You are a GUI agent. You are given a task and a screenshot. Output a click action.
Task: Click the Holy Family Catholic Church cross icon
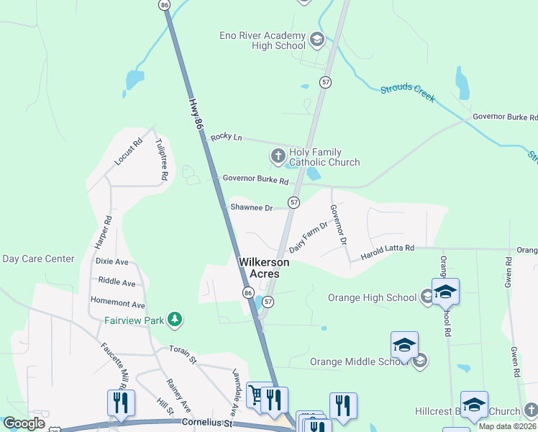tap(278, 156)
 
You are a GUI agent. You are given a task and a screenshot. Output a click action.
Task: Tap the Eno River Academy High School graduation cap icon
tap(316, 38)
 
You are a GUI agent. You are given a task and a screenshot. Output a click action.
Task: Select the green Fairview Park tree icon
tap(173, 318)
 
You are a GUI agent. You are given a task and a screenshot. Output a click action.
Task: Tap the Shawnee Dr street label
tap(251, 207)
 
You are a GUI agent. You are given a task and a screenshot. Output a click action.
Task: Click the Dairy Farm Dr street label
tap(309, 237)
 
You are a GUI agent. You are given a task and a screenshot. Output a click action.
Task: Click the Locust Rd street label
tap(129, 153)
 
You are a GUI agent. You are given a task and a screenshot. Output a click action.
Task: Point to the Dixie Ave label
tap(111, 261)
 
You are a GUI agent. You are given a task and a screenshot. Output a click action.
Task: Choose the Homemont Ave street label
tap(117, 304)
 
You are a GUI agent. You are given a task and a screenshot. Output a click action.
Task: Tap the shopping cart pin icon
tap(256, 395)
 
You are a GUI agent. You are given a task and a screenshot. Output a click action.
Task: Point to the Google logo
tap(24, 423)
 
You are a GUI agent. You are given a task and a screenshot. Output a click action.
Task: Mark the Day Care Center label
tap(39, 258)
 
